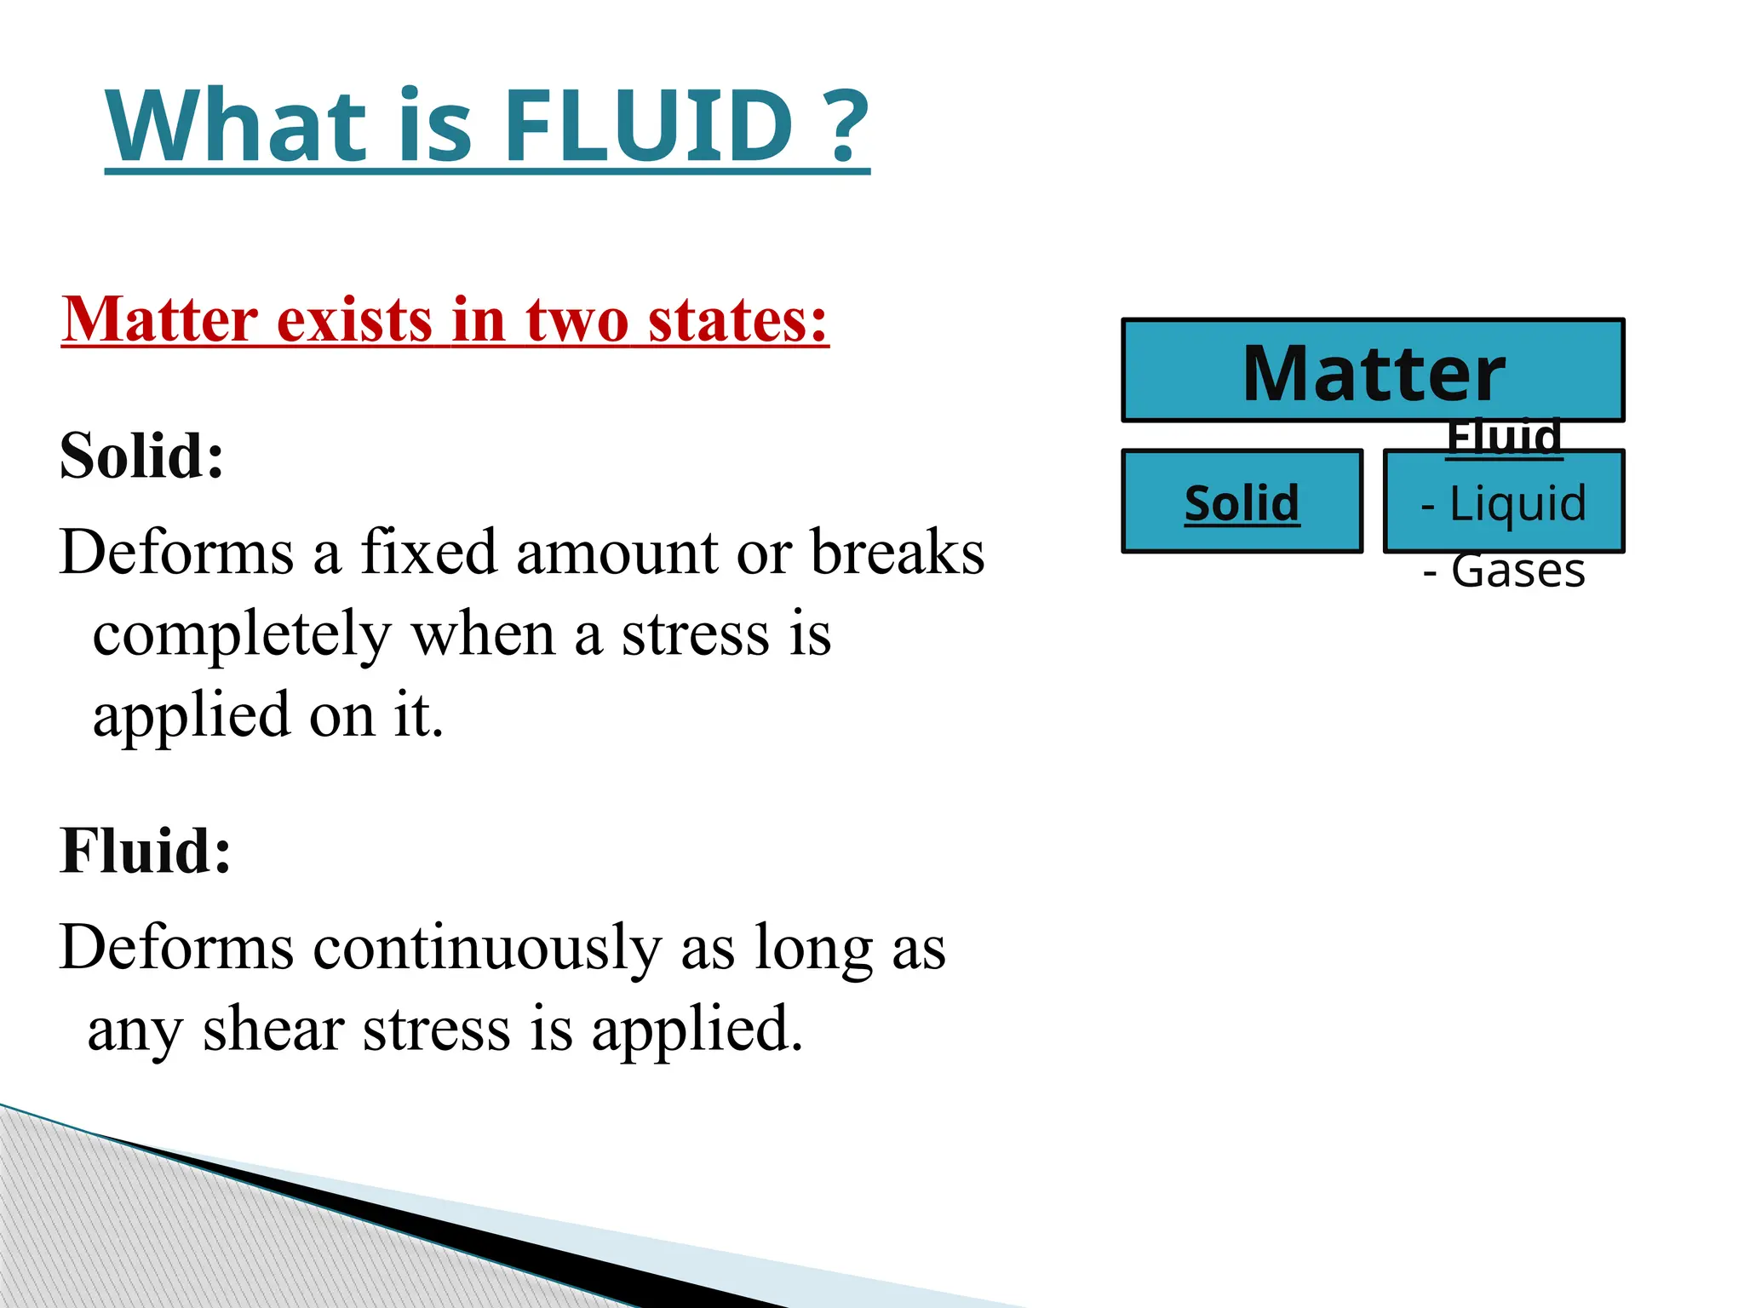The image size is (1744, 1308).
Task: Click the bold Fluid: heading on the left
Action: (146, 851)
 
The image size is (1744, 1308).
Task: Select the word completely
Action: (242, 635)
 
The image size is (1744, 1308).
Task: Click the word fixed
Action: (428, 553)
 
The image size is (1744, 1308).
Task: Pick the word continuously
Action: (486, 948)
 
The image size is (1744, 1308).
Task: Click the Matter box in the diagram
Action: (1373, 372)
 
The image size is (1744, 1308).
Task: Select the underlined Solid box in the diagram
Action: (1242, 502)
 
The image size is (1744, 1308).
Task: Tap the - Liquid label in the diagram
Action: (1504, 502)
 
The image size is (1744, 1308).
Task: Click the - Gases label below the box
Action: (1504, 571)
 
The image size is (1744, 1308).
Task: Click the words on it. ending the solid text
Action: (376, 715)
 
